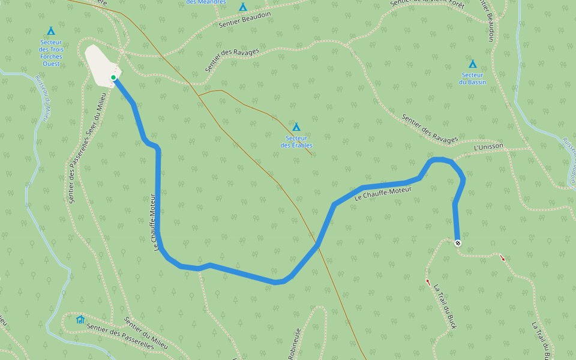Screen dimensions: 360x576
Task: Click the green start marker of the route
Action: [x=113, y=77]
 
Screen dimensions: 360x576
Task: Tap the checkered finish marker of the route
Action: [x=458, y=243]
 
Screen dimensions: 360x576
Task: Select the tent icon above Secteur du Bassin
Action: [x=473, y=64]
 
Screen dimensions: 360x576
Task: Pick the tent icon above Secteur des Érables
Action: [x=296, y=127]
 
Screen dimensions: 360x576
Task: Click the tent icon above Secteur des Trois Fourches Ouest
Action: [x=51, y=31]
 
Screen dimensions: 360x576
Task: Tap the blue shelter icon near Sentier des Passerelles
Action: [x=80, y=319]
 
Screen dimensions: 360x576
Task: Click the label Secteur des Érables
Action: [x=296, y=142]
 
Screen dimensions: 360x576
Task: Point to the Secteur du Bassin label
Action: [x=473, y=78]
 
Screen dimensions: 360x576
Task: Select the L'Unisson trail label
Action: [x=488, y=147]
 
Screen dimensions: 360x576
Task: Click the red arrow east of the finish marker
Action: [x=503, y=259]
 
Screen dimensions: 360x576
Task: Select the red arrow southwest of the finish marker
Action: [x=428, y=281]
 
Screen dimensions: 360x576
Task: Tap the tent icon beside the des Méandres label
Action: [x=242, y=7]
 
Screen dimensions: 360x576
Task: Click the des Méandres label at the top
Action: [x=206, y=2]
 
